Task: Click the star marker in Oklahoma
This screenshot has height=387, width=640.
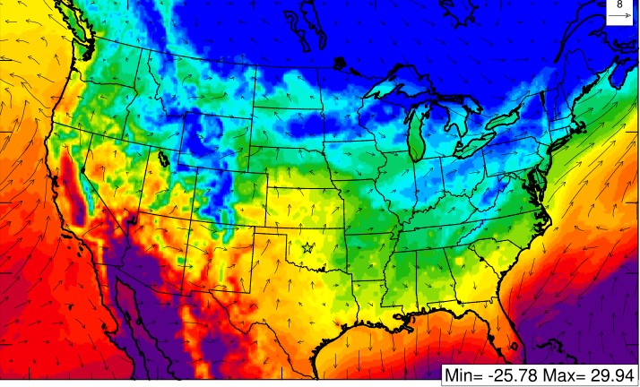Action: tap(308, 246)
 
